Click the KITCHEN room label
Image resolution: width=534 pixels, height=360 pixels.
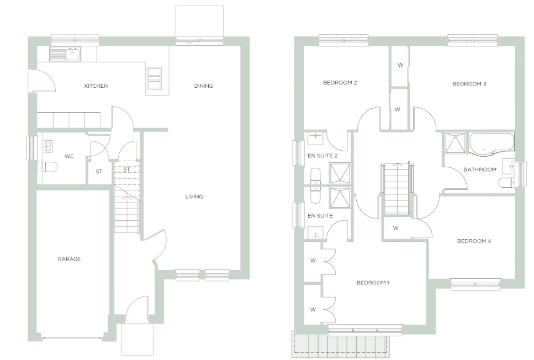96,86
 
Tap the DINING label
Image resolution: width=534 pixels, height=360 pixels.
204,86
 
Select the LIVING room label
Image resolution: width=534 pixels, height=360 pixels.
194,197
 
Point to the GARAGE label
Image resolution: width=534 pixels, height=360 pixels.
69,259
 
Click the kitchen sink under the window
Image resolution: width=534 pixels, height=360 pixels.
66,54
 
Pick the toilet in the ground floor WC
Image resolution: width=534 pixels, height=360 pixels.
50,167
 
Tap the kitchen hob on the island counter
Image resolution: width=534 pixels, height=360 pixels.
154,78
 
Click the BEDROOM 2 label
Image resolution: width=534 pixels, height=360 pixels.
340,82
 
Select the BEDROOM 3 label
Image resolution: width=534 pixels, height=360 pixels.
469,84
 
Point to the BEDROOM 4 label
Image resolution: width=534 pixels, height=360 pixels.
474,241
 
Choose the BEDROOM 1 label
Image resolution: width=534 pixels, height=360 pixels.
373,283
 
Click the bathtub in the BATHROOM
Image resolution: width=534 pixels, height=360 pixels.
491,145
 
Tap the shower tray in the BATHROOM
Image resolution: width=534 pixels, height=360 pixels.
456,144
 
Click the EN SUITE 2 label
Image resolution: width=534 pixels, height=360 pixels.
322,156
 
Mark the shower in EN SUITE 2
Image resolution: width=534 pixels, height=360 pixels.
340,174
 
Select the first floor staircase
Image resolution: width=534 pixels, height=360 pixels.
396,189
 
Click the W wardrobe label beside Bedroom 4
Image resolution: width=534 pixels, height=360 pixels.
395,228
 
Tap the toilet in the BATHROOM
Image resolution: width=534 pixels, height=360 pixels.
507,183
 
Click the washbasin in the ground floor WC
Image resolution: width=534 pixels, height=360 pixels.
47,146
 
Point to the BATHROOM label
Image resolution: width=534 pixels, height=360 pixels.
480,170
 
